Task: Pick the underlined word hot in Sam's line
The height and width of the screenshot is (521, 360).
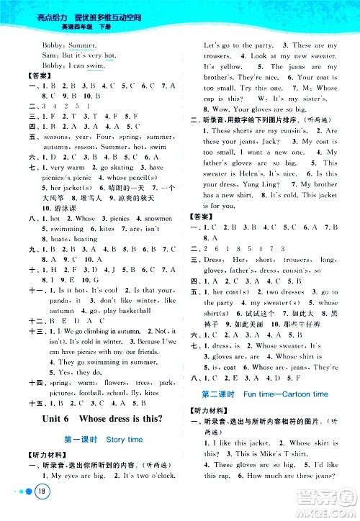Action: (109, 54)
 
